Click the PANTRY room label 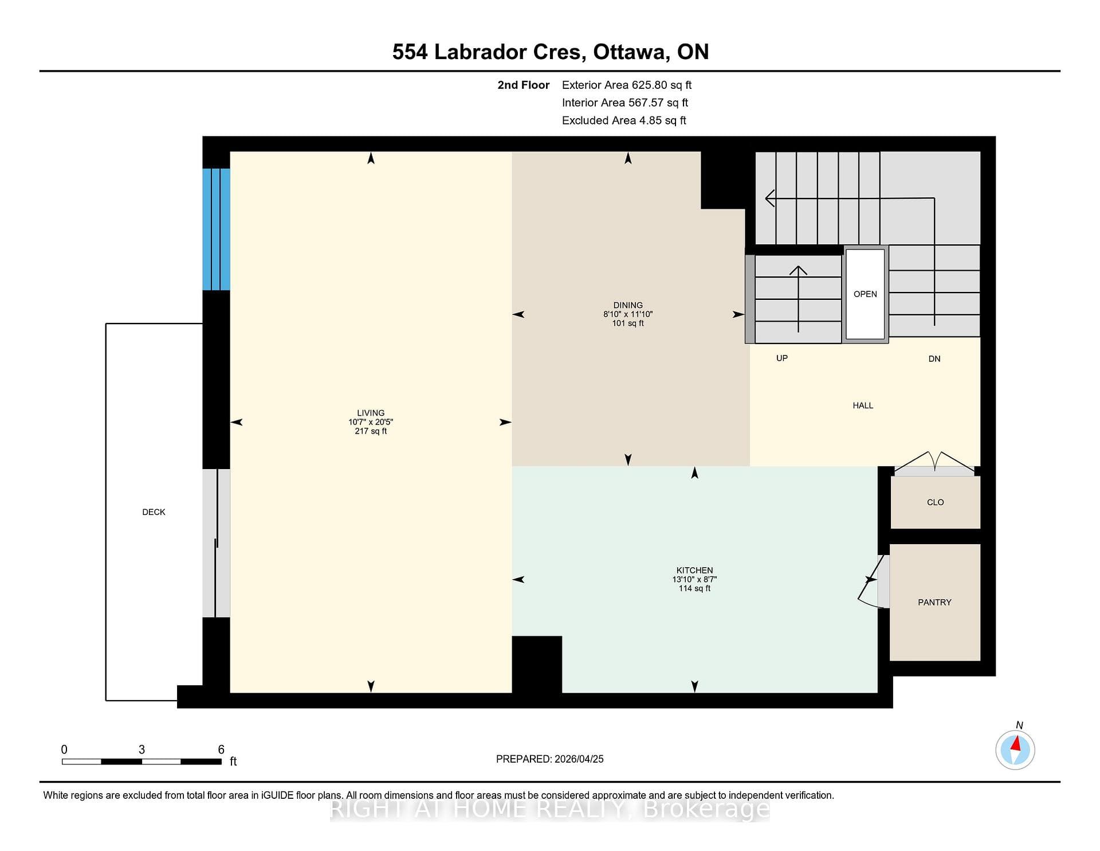[934, 602]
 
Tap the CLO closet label [935, 502]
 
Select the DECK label [154, 512]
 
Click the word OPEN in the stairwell [865, 294]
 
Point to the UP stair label [782, 358]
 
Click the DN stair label [934, 359]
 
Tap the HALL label [863, 405]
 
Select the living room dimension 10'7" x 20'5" [371, 422]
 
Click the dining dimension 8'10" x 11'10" [628, 314]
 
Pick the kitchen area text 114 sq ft [694, 588]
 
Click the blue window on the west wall [217, 229]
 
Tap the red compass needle [1016, 744]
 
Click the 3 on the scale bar [142, 749]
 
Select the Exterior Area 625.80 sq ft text [627, 85]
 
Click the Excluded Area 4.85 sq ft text [624, 120]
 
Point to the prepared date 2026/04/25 [579, 759]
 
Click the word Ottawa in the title [630, 52]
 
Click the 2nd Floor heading [523, 85]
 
